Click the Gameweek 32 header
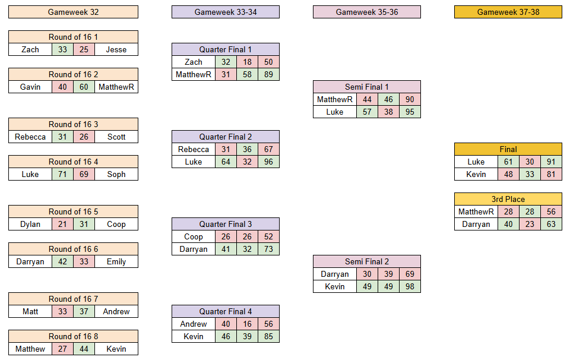[73, 12]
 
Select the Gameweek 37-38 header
[508, 12]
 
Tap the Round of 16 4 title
[73, 162]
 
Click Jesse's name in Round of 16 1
[116, 49]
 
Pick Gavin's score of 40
[62, 87]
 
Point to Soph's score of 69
[84, 174]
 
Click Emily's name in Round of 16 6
[116, 261]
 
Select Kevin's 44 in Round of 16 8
[84, 349]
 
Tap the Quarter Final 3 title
[226, 224]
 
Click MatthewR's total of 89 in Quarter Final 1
[268, 74]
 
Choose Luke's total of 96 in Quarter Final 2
[268, 162]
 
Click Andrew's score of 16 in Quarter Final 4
[247, 324]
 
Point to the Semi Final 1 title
[367, 87]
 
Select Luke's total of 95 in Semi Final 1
[410, 112]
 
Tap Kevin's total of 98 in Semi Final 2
[410, 286]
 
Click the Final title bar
[508, 149]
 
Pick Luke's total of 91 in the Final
[551, 162]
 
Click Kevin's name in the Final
[476, 174]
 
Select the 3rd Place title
[508, 199]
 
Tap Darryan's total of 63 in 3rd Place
[551, 224]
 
